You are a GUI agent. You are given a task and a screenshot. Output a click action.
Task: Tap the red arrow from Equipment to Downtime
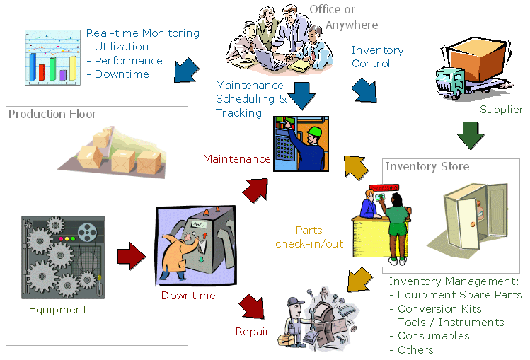[131, 252]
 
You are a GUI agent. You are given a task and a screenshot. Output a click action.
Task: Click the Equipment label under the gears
[58, 310]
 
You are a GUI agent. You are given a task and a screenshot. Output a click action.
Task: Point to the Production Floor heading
[52, 114]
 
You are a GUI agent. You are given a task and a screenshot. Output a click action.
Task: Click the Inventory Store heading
[427, 167]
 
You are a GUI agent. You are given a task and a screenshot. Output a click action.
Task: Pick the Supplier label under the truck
[501, 110]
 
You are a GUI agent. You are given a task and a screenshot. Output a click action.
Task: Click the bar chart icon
[52, 56]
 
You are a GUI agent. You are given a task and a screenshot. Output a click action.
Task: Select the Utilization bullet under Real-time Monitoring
[121, 47]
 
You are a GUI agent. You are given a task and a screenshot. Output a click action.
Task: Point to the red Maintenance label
[236, 159]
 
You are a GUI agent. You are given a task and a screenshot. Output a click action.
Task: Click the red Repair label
[252, 331]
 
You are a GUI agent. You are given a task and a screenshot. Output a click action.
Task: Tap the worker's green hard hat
[314, 132]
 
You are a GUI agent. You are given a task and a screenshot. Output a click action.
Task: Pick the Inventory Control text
[377, 57]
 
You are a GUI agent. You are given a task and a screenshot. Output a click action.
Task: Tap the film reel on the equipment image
[88, 231]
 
